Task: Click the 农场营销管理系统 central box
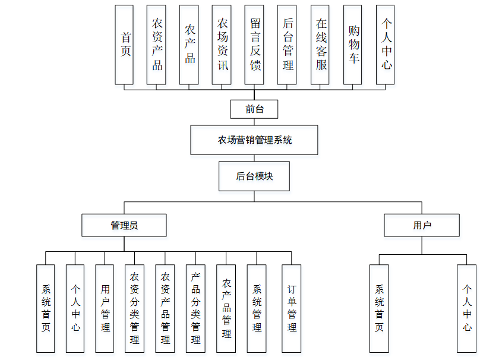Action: (x=254, y=140)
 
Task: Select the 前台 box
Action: (x=254, y=109)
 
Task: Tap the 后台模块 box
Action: (x=254, y=176)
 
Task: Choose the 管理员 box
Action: (x=124, y=225)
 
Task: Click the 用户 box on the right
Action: (x=422, y=225)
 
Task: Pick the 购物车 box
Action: (x=353, y=45)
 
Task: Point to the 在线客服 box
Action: (x=320, y=45)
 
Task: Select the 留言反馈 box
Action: (x=255, y=45)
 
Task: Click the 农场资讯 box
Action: (x=222, y=45)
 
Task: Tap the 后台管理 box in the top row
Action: (x=288, y=45)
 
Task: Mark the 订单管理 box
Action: (x=292, y=308)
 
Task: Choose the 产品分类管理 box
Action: (x=195, y=308)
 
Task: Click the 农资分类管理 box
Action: (x=135, y=308)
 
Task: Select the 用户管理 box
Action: (x=105, y=308)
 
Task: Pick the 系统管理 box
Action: (x=257, y=308)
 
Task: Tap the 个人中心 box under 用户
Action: (x=467, y=308)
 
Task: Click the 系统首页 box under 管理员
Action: (x=46, y=308)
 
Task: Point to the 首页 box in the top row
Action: (x=125, y=45)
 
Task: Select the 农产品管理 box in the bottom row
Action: (x=226, y=308)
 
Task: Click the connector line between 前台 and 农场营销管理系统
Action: (x=254, y=122)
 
